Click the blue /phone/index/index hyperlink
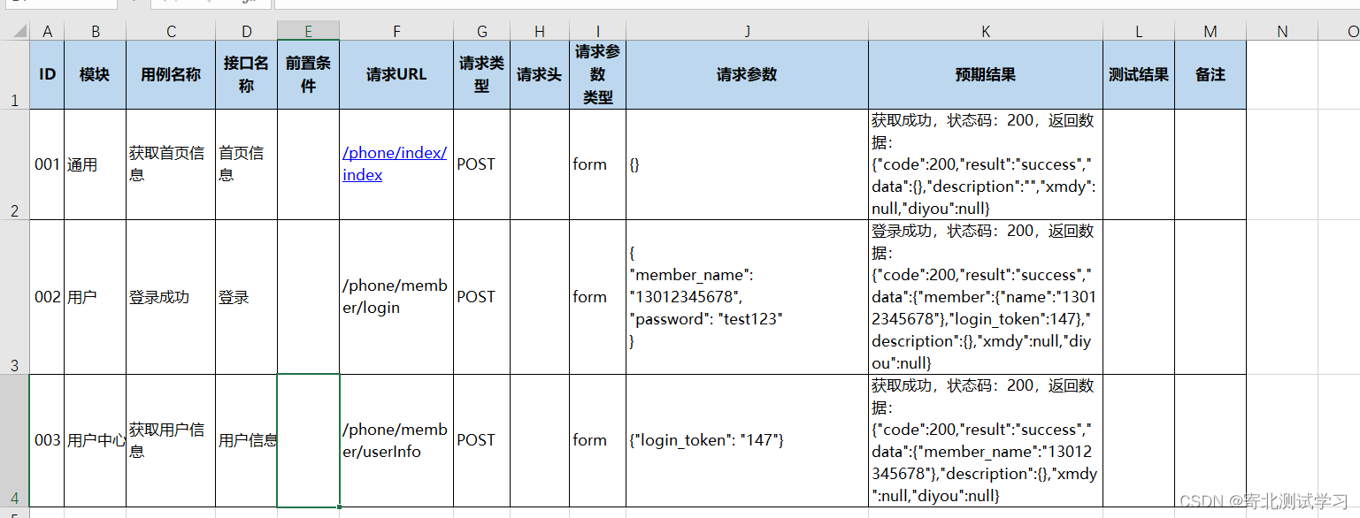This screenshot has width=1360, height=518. [395, 164]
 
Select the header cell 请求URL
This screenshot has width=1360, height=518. [396, 74]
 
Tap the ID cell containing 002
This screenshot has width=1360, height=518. [47, 297]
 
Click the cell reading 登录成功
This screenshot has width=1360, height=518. [159, 297]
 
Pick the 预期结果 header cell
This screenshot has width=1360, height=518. [985, 74]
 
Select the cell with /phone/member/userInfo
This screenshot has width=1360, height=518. [395, 440]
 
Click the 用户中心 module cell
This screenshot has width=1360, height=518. [96, 440]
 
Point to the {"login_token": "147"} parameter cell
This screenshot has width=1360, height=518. [706, 440]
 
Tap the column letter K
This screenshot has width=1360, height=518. [985, 32]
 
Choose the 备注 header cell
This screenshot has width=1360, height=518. [1210, 74]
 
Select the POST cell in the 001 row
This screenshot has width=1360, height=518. [476, 164]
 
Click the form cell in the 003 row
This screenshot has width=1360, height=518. [589, 440]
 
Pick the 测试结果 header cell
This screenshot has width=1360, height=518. [1138, 74]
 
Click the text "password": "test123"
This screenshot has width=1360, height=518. [706, 319]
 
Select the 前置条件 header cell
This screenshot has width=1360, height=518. [308, 74]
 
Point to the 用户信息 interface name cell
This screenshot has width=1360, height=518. [247, 440]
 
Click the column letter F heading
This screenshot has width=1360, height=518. [396, 32]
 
